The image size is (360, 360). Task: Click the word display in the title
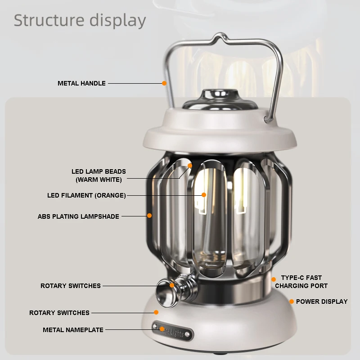point(117,20)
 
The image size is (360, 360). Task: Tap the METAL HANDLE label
point(81,83)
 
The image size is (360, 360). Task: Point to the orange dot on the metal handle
point(164,83)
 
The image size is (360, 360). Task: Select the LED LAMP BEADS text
point(99,171)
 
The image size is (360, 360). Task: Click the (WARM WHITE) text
point(99,180)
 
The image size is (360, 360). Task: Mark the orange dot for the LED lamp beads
point(190,166)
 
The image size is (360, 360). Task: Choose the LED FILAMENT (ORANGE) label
point(86,195)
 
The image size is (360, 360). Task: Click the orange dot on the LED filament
point(204,195)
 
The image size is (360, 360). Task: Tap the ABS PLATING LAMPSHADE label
point(78,216)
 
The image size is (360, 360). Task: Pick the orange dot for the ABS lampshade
point(149,216)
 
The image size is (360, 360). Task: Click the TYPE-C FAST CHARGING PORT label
point(301,282)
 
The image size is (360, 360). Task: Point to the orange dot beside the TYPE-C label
point(274,279)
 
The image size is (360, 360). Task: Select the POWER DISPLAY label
point(322,301)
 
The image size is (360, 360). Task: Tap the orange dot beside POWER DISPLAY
point(292,301)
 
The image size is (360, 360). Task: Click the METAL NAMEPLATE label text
point(73,330)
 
